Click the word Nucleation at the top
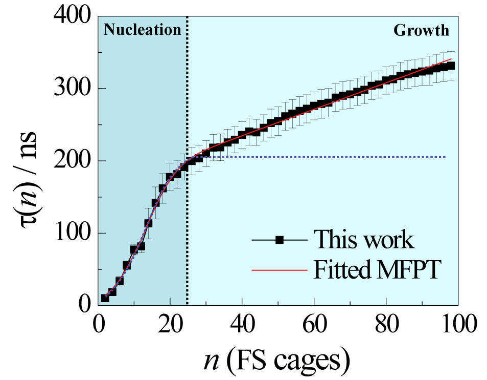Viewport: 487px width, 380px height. (143, 30)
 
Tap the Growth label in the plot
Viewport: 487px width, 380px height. (421, 30)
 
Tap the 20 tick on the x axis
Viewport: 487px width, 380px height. (170, 325)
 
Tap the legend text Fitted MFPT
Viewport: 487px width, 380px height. (377, 269)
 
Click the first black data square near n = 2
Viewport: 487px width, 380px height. (105, 298)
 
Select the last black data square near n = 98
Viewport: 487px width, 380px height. (450, 66)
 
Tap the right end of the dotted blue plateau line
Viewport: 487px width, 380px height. (445, 157)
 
